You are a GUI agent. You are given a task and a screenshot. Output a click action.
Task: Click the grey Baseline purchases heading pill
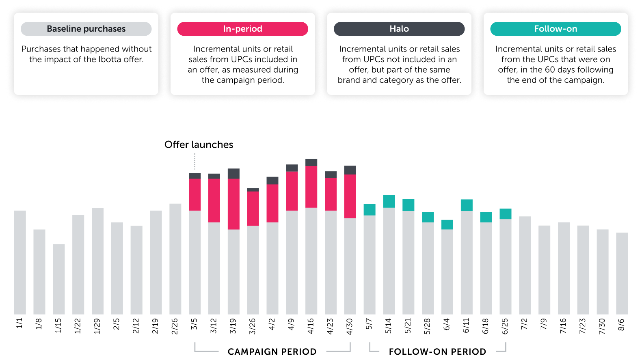pyautogui.click(x=86, y=29)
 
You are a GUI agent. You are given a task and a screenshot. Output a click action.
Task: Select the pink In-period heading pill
pyautogui.click(x=242, y=29)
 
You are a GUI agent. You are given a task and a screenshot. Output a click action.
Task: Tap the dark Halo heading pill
pyautogui.click(x=399, y=29)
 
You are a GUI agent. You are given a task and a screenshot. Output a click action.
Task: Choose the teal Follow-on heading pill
pyautogui.click(x=556, y=29)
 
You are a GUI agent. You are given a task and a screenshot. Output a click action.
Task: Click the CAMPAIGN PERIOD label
pyautogui.click(x=272, y=351)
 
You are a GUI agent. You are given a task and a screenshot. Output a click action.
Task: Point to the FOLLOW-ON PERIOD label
pyautogui.click(x=437, y=351)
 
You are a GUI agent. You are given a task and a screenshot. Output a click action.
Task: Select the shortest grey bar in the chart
pyautogui.click(x=59, y=279)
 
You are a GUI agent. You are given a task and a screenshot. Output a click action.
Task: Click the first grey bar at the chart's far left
pyautogui.click(x=20, y=262)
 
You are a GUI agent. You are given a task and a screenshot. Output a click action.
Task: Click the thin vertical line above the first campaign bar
pyautogui.click(x=195, y=163)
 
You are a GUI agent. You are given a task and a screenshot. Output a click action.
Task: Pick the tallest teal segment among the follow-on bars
pyautogui.click(x=389, y=201)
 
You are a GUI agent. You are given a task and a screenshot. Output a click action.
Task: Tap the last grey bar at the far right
pyautogui.click(x=622, y=273)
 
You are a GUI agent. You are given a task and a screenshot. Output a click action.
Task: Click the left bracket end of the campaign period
pyautogui.click(x=195, y=347)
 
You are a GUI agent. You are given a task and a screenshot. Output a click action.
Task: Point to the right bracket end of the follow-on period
pyautogui.click(x=506, y=347)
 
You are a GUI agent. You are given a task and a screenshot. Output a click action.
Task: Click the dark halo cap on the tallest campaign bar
pyautogui.click(x=311, y=162)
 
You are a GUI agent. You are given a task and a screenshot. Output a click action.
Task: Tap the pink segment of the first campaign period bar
pyautogui.click(x=195, y=194)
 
